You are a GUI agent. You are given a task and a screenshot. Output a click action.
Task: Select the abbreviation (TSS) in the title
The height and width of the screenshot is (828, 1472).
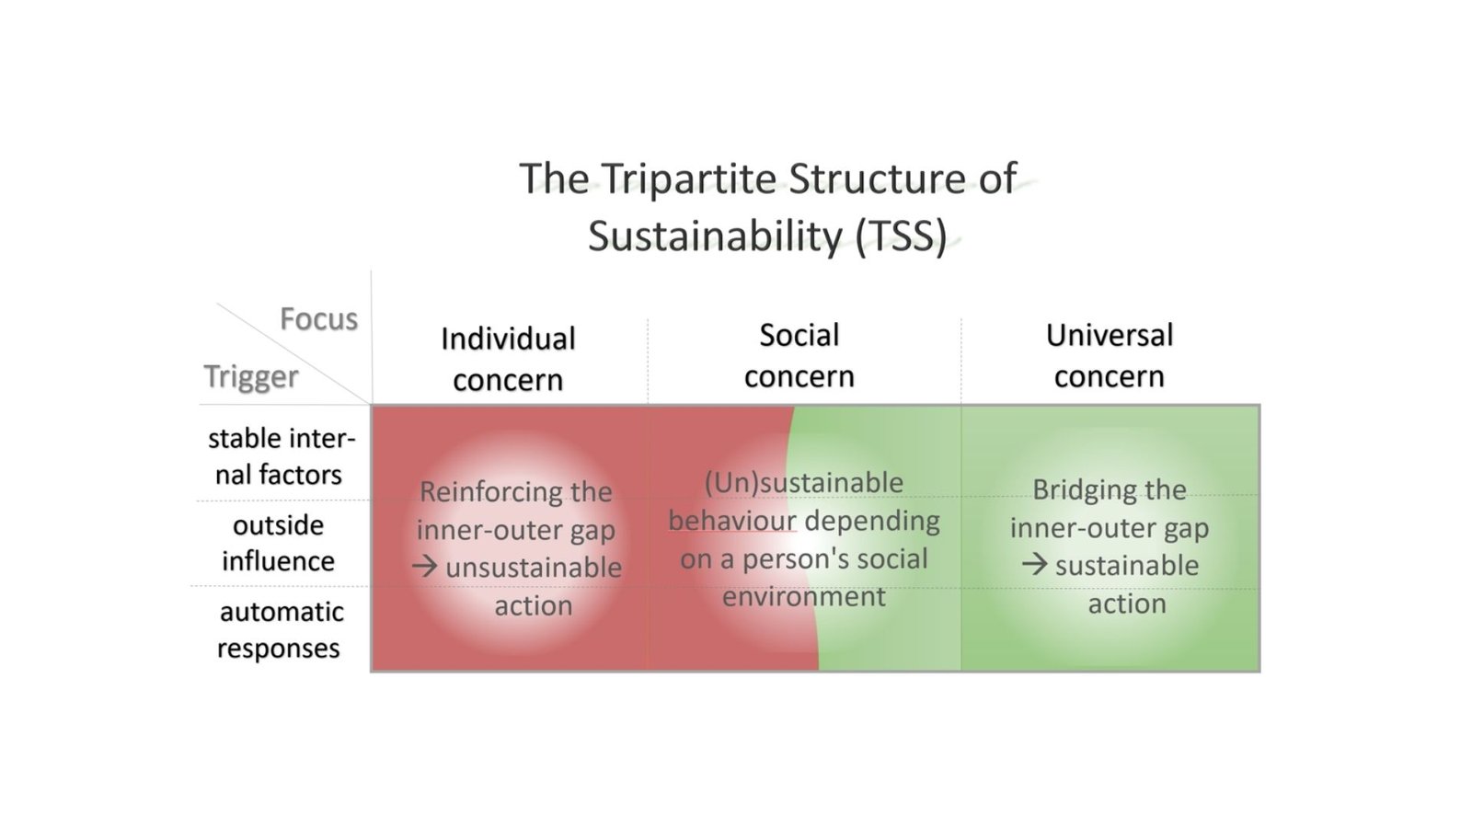[901, 236]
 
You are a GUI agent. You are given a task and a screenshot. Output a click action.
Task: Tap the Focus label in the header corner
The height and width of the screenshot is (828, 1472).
[318, 319]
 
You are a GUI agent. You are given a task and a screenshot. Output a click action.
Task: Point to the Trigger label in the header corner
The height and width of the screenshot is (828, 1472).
[251, 377]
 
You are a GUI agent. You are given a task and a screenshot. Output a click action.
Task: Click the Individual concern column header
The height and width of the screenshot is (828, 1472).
[508, 360]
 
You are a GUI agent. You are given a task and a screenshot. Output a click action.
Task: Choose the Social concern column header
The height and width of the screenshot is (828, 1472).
[799, 355]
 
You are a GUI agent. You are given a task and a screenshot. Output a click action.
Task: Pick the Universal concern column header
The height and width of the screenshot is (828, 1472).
[1110, 355]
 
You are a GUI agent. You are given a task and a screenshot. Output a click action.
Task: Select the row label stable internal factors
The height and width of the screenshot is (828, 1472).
[281, 456]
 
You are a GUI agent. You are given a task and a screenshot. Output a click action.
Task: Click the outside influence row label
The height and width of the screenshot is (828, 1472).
[279, 543]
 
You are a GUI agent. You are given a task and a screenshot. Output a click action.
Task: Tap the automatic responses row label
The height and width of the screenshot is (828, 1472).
[280, 629]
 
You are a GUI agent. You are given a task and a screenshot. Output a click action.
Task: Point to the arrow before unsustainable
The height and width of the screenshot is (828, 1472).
[424, 567]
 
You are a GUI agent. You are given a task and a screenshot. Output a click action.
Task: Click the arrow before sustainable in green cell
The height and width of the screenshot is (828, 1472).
[1034, 564]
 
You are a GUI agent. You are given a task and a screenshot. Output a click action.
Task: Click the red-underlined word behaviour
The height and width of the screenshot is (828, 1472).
[732, 521]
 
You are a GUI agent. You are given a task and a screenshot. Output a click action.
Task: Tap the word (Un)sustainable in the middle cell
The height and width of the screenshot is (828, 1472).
[804, 484]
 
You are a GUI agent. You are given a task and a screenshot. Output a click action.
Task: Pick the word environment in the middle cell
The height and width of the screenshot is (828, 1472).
[804, 597]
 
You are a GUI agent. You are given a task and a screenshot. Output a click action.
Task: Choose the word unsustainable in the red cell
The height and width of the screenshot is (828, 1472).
[534, 568]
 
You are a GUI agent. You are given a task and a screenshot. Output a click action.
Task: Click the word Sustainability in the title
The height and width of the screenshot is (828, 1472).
[715, 236]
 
